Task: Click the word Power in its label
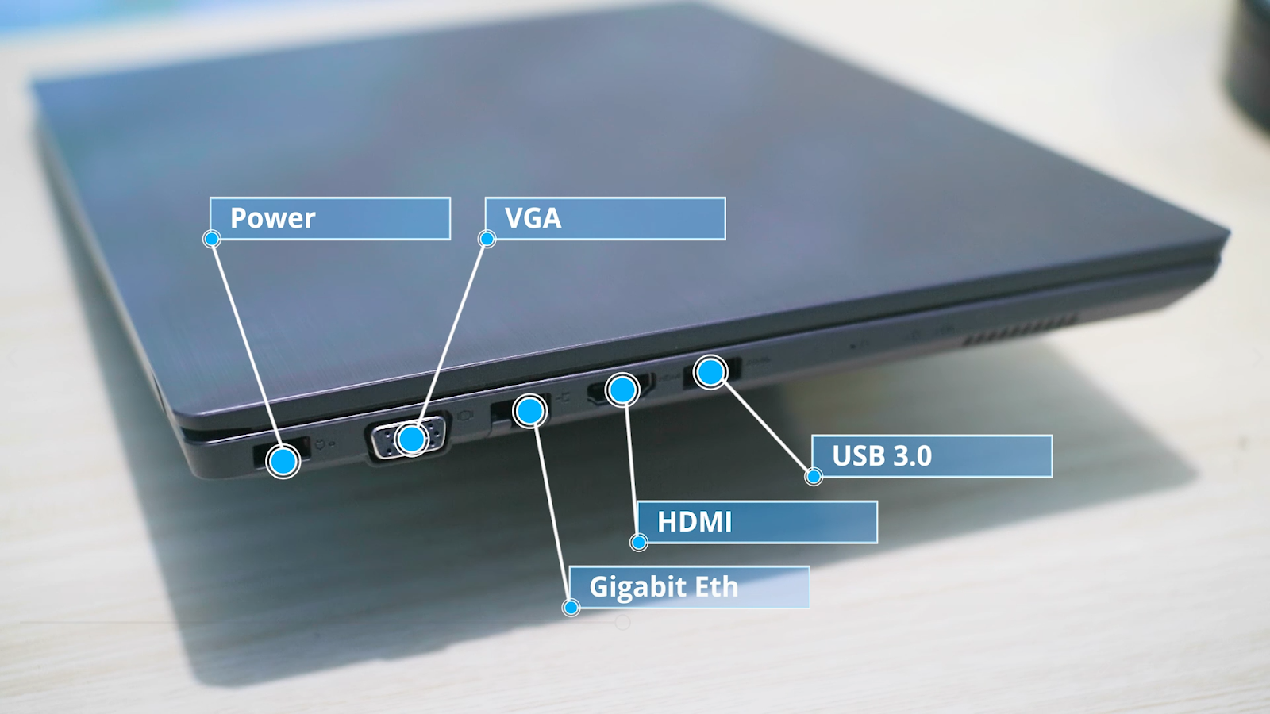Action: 272,218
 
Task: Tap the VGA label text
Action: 533,218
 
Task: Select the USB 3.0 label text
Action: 881,456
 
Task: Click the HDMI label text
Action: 695,522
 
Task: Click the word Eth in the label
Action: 717,587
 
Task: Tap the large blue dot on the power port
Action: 283,461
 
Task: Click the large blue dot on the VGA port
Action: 412,439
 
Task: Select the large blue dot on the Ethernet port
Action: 529,411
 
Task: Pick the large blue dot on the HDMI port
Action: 622,390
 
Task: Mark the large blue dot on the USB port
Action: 710,371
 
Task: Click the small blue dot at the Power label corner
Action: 211,239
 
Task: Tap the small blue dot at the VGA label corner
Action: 487,239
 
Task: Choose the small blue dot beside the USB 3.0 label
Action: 814,477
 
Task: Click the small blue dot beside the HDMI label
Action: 639,543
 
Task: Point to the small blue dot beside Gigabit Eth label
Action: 571,608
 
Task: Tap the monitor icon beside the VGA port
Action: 464,415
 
